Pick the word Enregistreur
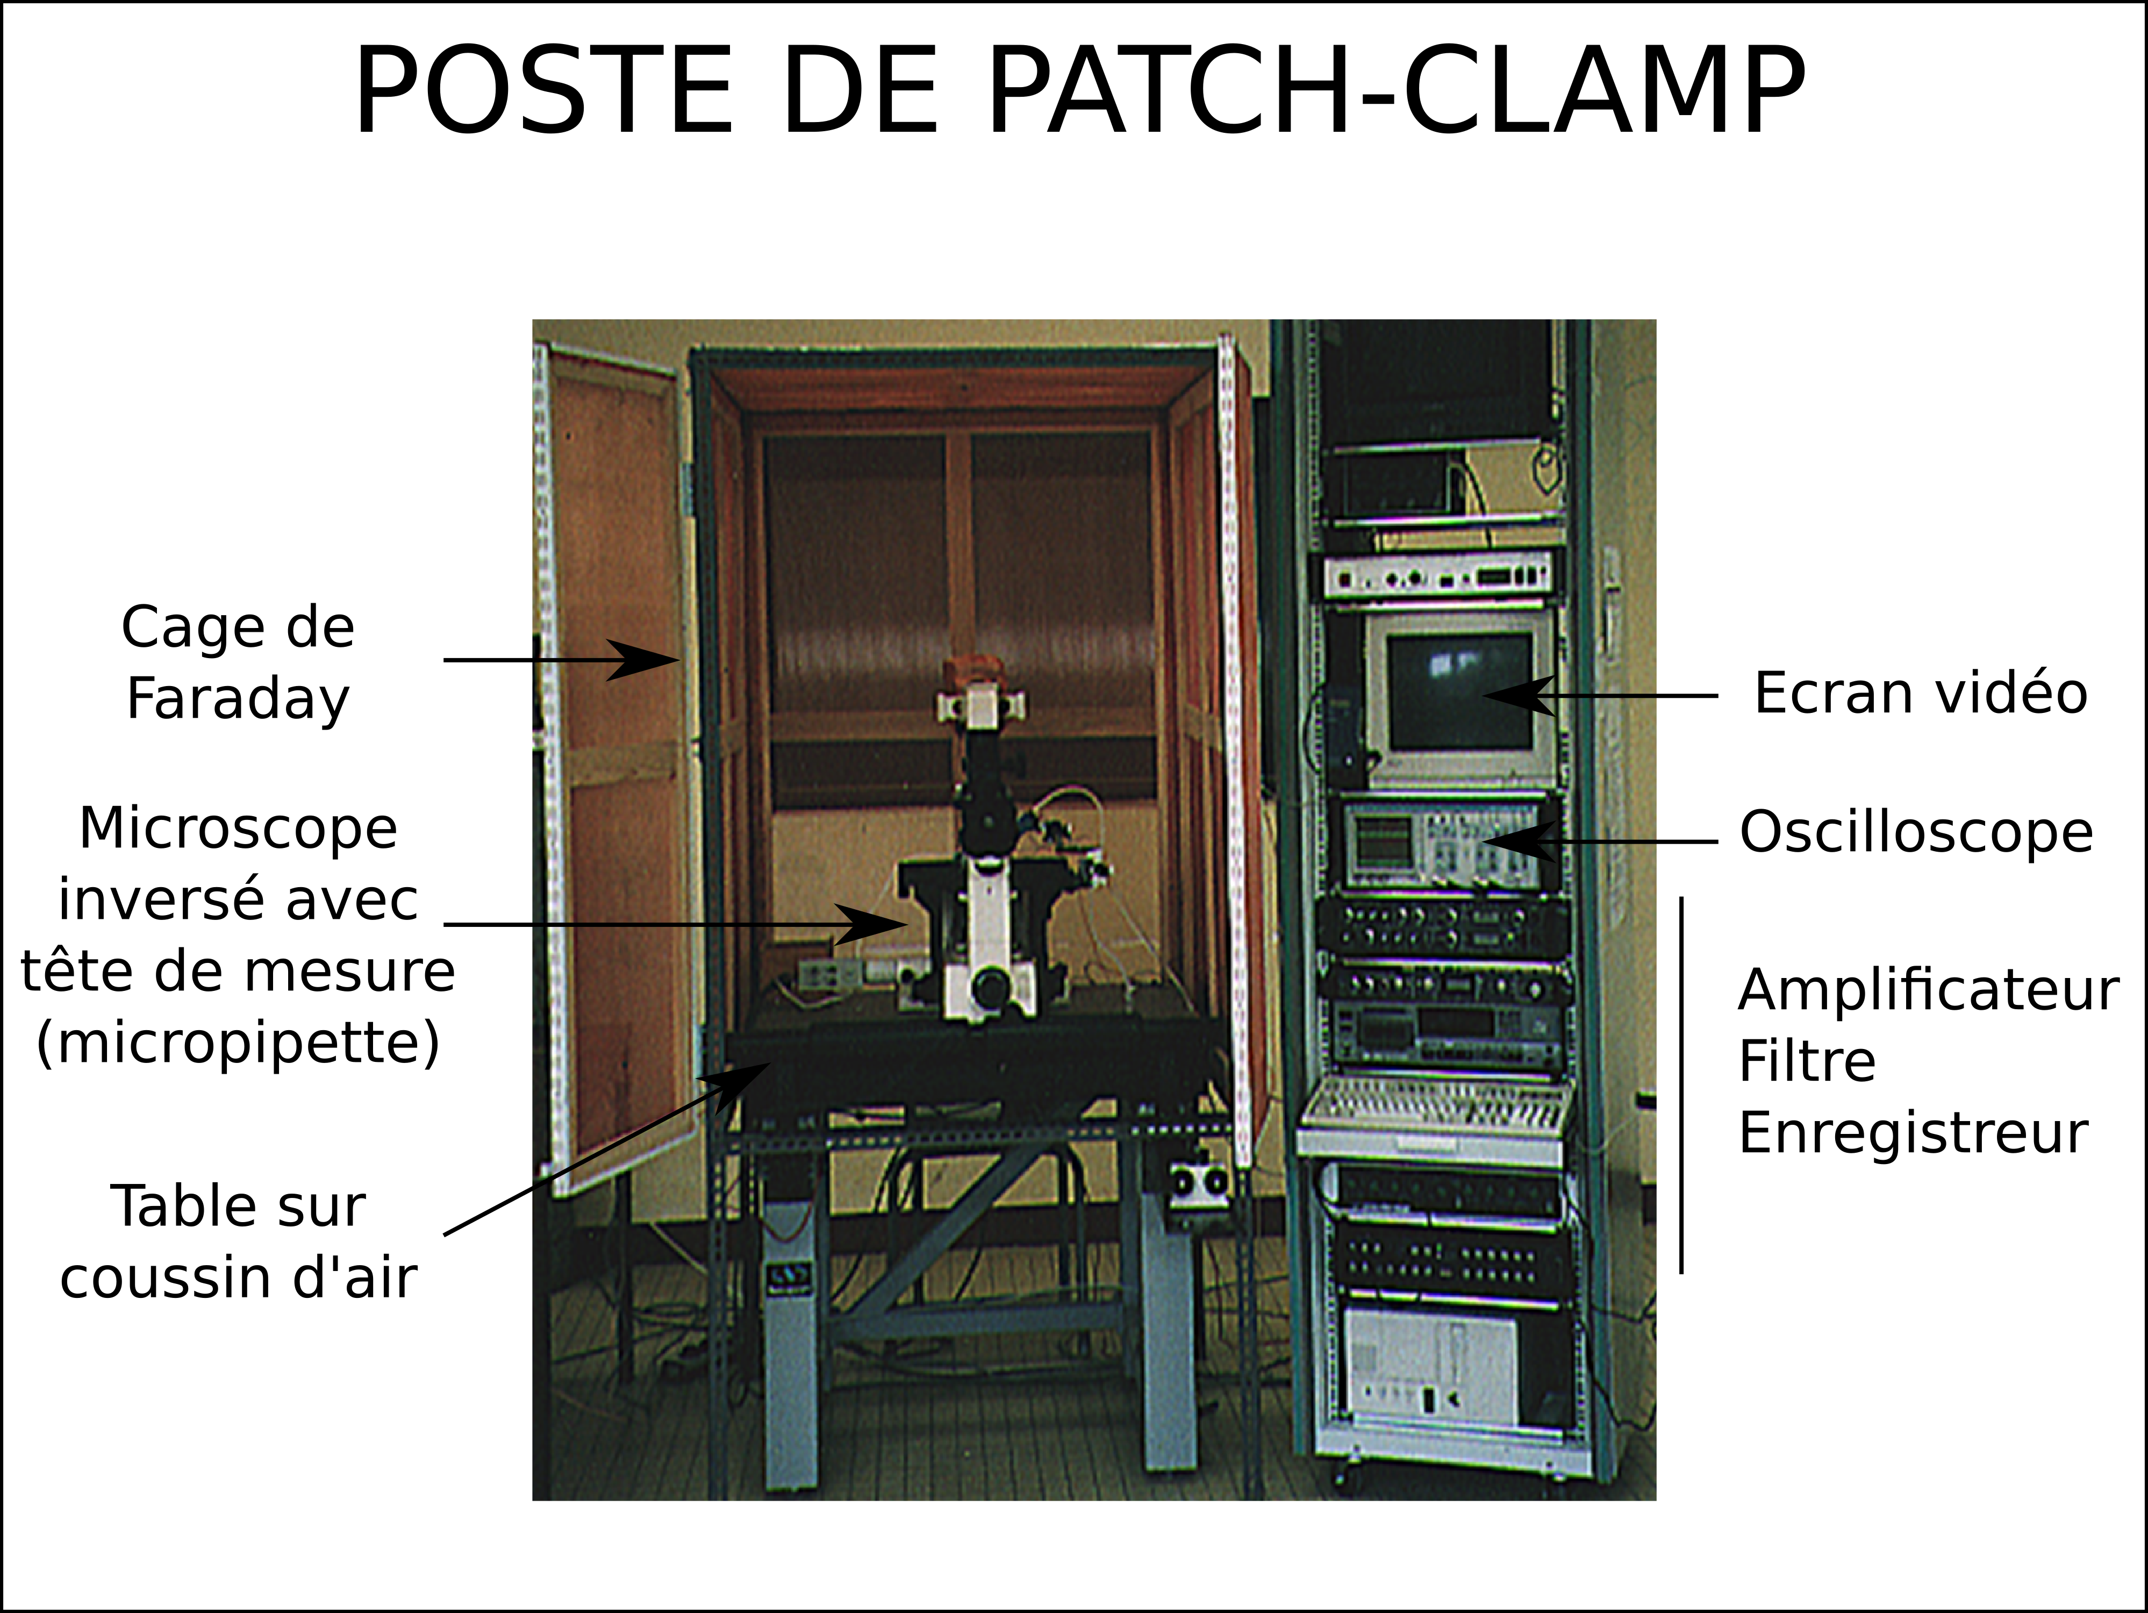pyautogui.click(x=1913, y=1132)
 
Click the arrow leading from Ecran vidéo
pyautogui.click(x=1599, y=695)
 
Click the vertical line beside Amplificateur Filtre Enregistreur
pyautogui.click(x=1682, y=1084)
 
